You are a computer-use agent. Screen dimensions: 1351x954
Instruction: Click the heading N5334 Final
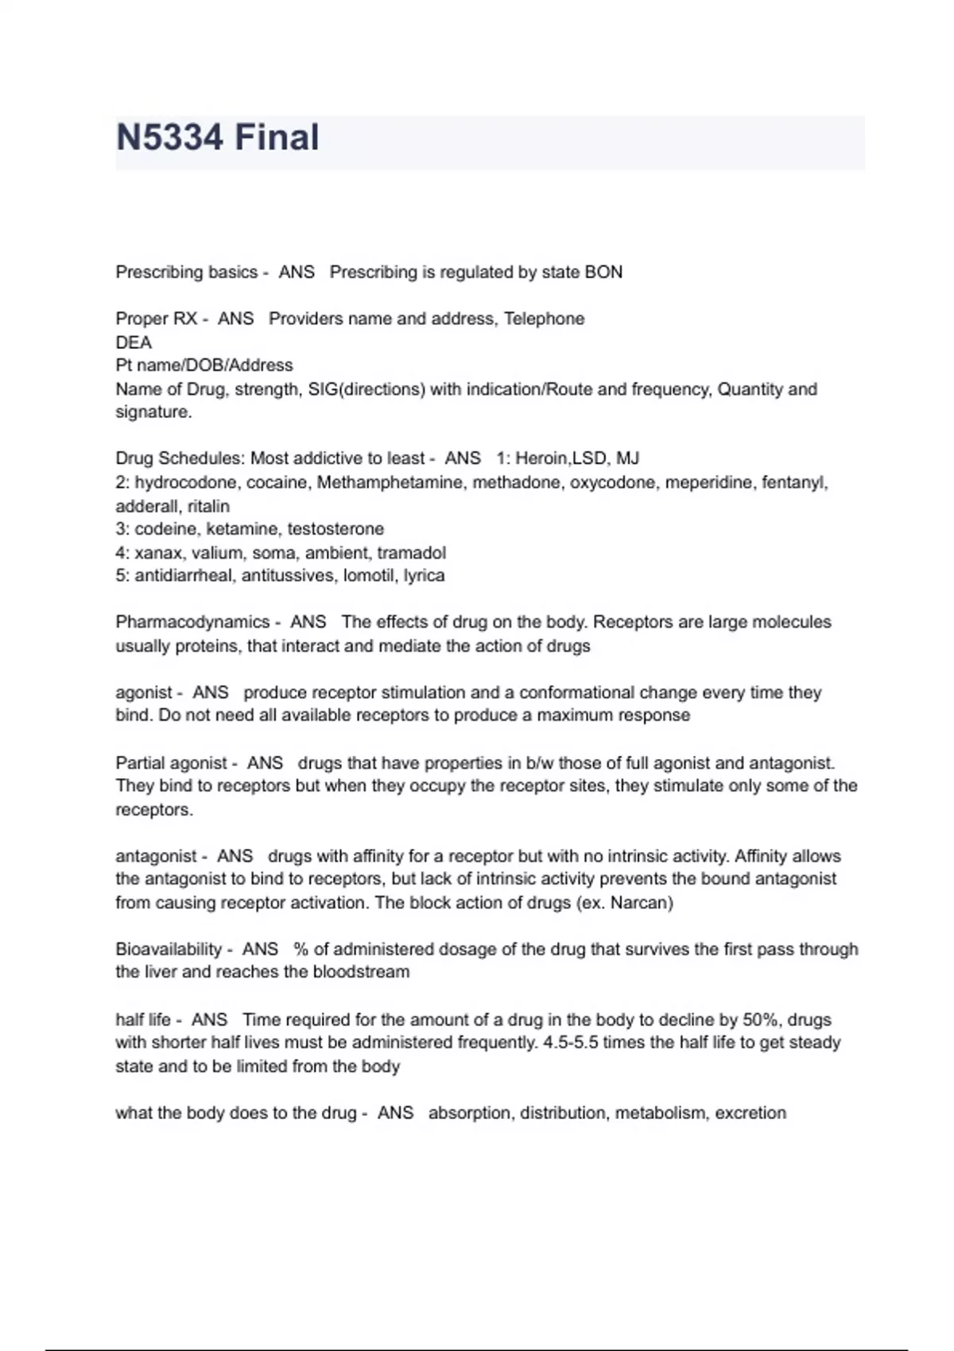tap(217, 137)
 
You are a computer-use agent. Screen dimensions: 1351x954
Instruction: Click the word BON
tap(603, 273)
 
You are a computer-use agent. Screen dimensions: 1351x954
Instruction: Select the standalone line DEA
tap(134, 343)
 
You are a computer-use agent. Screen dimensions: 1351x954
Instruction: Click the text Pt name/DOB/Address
tap(204, 366)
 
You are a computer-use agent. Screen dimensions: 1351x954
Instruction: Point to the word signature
tap(153, 412)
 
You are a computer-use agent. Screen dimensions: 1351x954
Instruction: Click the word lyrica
tap(424, 575)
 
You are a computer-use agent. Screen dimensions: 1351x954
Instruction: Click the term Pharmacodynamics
tap(192, 622)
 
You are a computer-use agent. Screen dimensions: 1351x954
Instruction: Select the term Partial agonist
tap(172, 763)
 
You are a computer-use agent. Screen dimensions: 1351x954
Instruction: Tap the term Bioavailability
tap(169, 950)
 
